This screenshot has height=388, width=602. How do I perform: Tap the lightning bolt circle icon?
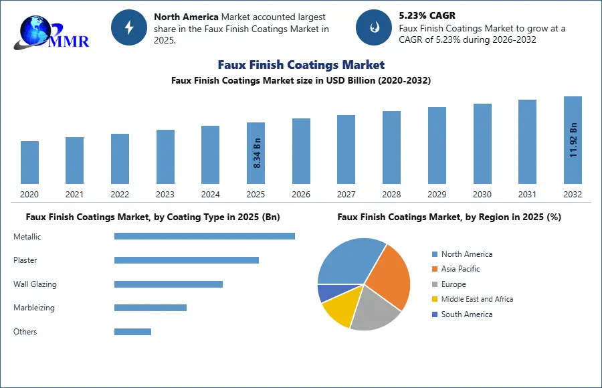[x=128, y=27]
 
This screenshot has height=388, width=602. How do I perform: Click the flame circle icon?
[x=373, y=27]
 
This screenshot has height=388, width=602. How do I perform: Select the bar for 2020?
[x=29, y=163]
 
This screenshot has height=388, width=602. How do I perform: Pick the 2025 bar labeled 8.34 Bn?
[x=256, y=153]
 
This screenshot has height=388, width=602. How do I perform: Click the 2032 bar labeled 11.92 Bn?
[x=573, y=140]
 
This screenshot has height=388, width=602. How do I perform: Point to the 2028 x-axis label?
[x=391, y=195]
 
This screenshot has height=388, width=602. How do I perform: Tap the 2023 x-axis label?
[x=165, y=195]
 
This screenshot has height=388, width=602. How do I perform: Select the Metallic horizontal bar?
[x=205, y=236]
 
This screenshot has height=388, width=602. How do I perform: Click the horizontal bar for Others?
[x=132, y=332]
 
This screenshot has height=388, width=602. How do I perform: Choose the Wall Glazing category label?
[x=35, y=284]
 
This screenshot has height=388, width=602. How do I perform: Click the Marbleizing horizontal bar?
[x=150, y=308]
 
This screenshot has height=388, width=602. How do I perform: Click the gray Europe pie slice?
[x=375, y=312]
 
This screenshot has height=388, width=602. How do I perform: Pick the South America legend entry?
[x=466, y=314]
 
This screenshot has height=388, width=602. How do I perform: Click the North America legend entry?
[x=466, y=254]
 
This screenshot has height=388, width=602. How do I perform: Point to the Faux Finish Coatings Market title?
[x=301, y=65]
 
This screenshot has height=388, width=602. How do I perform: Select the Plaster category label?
[x=25, y=260]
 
